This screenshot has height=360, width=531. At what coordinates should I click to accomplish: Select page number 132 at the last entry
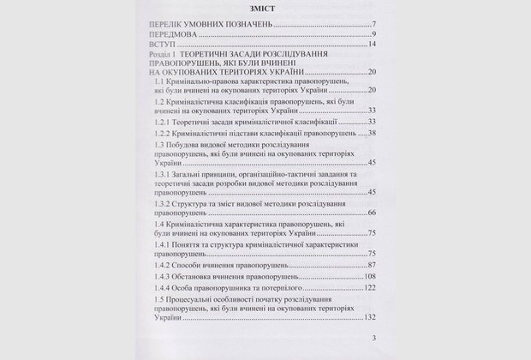[x=370, y=341]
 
